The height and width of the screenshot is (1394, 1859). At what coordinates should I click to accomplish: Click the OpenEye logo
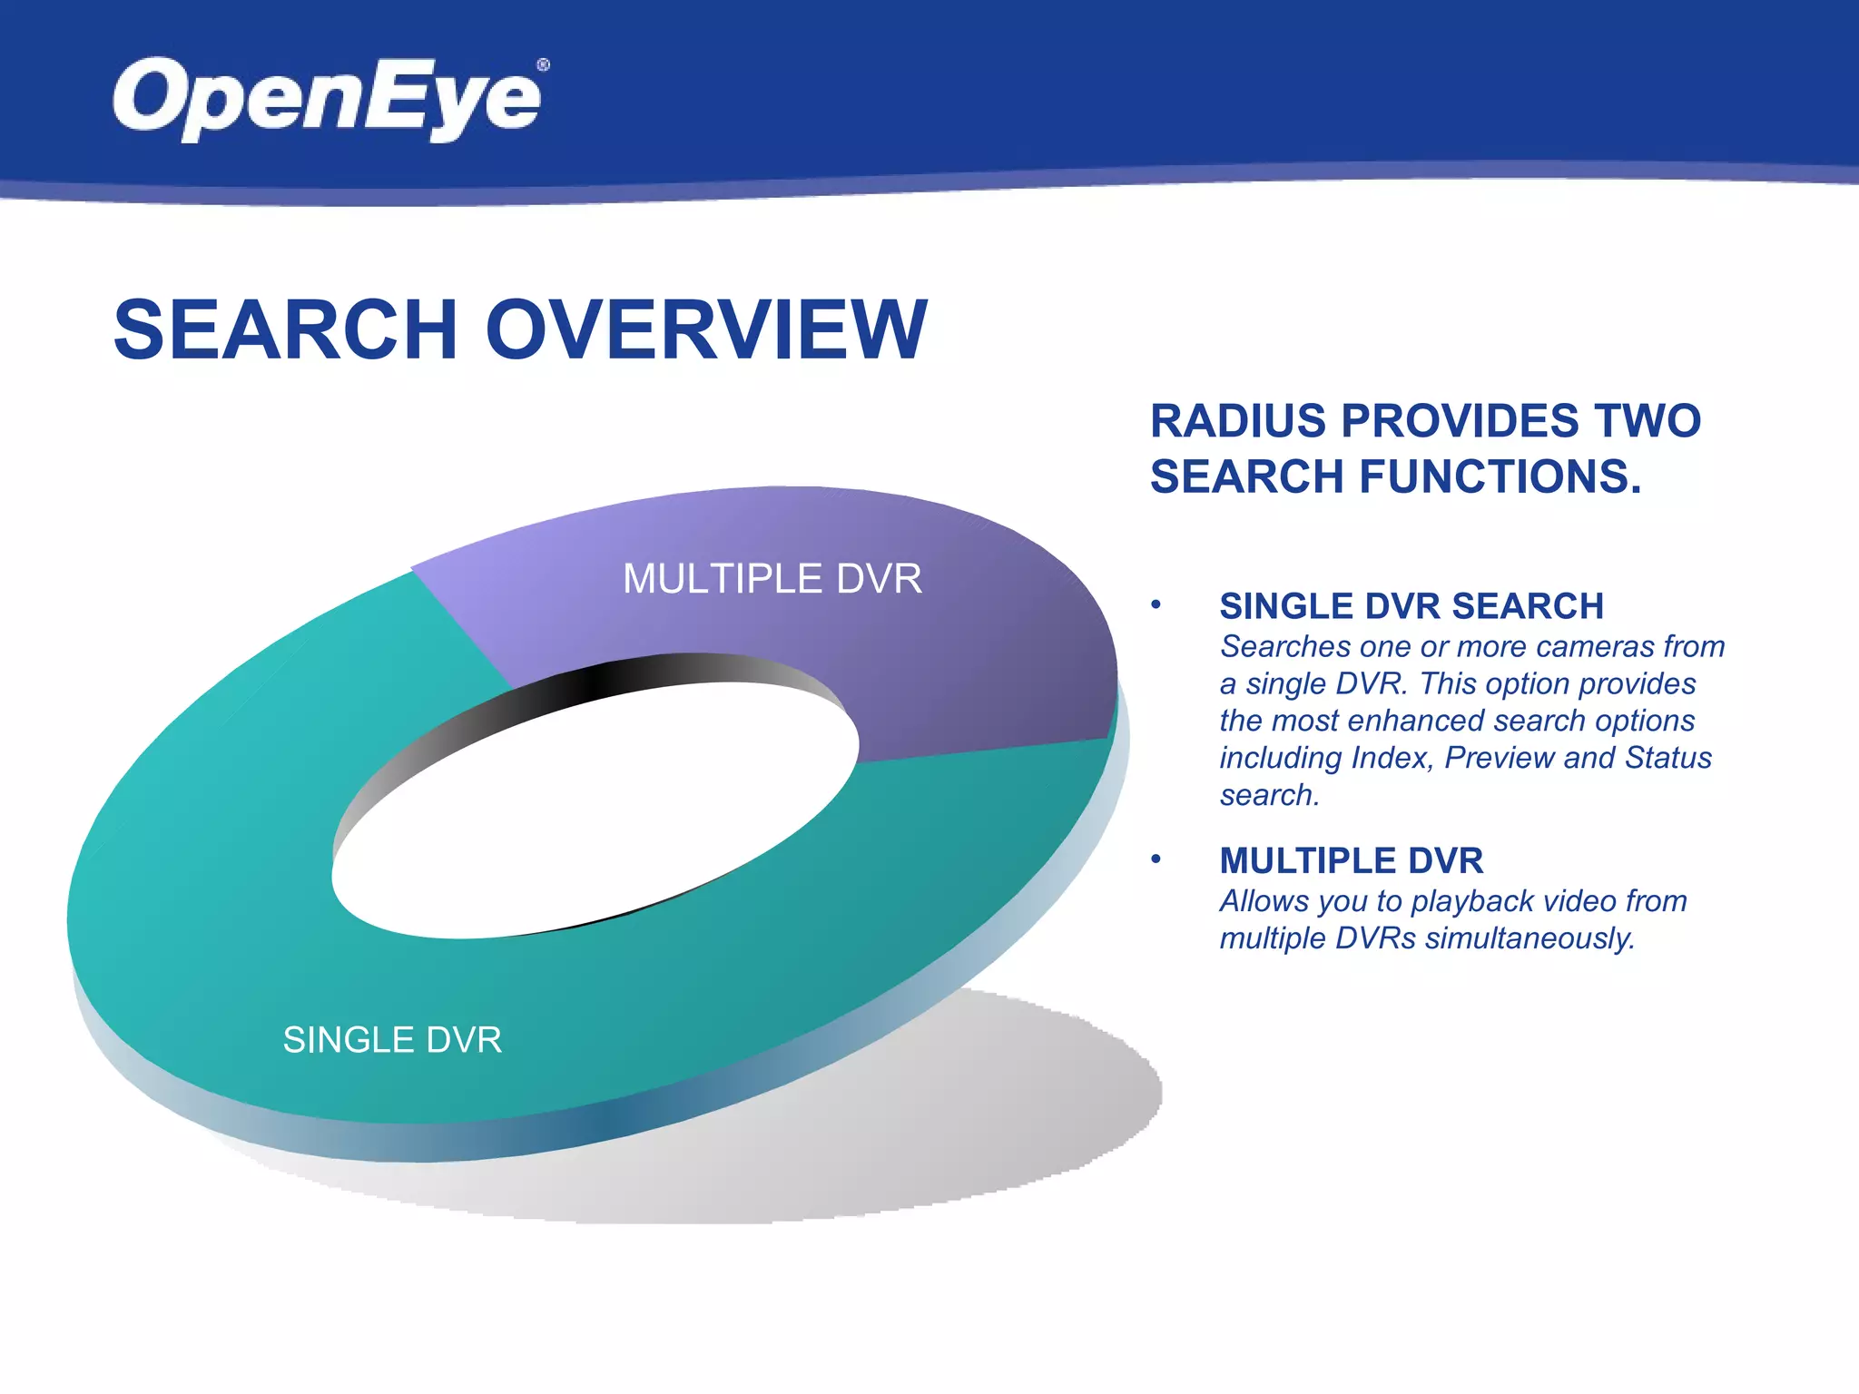pos(327,98)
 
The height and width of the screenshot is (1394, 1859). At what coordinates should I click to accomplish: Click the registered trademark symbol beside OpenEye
pos(543,65)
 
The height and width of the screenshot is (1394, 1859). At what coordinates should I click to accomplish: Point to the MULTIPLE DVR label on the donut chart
pos(772,579)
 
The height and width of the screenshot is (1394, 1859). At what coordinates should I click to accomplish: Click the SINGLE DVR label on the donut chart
pos(392,1040)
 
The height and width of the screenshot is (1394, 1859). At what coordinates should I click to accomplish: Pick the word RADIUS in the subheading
pos(1239,421)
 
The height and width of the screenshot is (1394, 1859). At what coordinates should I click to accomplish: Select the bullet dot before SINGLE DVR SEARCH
pos(1156,604)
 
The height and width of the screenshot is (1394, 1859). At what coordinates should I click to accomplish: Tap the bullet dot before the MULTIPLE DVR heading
pos(1156,859)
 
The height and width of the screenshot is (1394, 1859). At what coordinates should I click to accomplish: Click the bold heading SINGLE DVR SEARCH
pos(1411,606)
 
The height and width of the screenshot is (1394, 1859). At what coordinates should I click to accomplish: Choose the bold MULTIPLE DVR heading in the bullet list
pos(1351,860)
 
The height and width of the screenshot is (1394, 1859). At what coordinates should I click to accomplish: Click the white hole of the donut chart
pos(590,817)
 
